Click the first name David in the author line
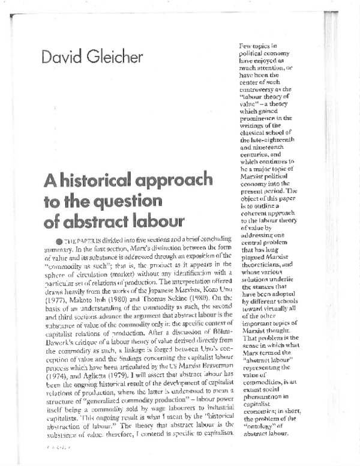(62, 59)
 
